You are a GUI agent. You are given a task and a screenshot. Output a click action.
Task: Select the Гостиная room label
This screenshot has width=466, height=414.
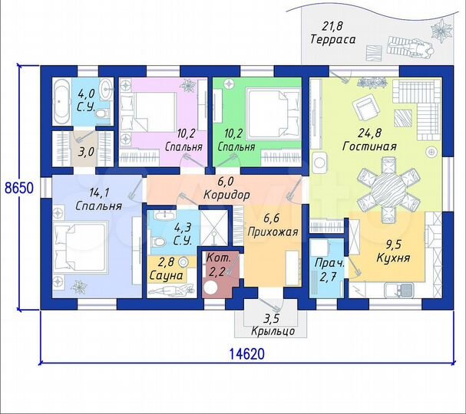click(369, 146)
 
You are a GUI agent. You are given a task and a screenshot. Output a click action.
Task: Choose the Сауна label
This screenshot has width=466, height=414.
click(166, 274)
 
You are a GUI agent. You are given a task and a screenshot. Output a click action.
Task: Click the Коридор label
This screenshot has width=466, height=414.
click(226, 195)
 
